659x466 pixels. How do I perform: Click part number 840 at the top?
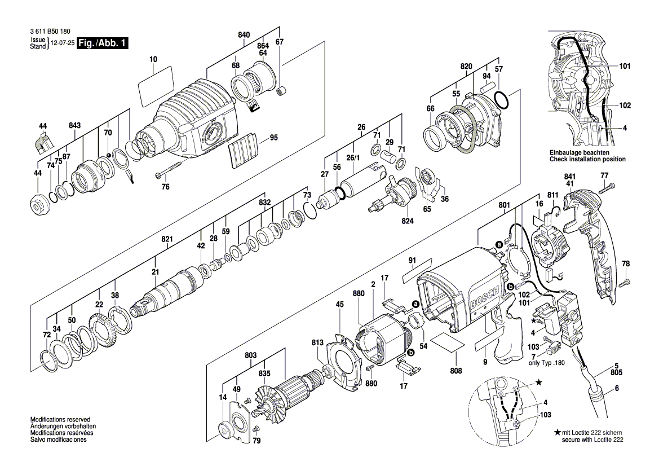(244, 35)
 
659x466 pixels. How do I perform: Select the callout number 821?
(167, 239)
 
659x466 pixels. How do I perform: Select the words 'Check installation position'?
(587, 160)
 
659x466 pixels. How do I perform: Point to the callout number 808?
(455, 371)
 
